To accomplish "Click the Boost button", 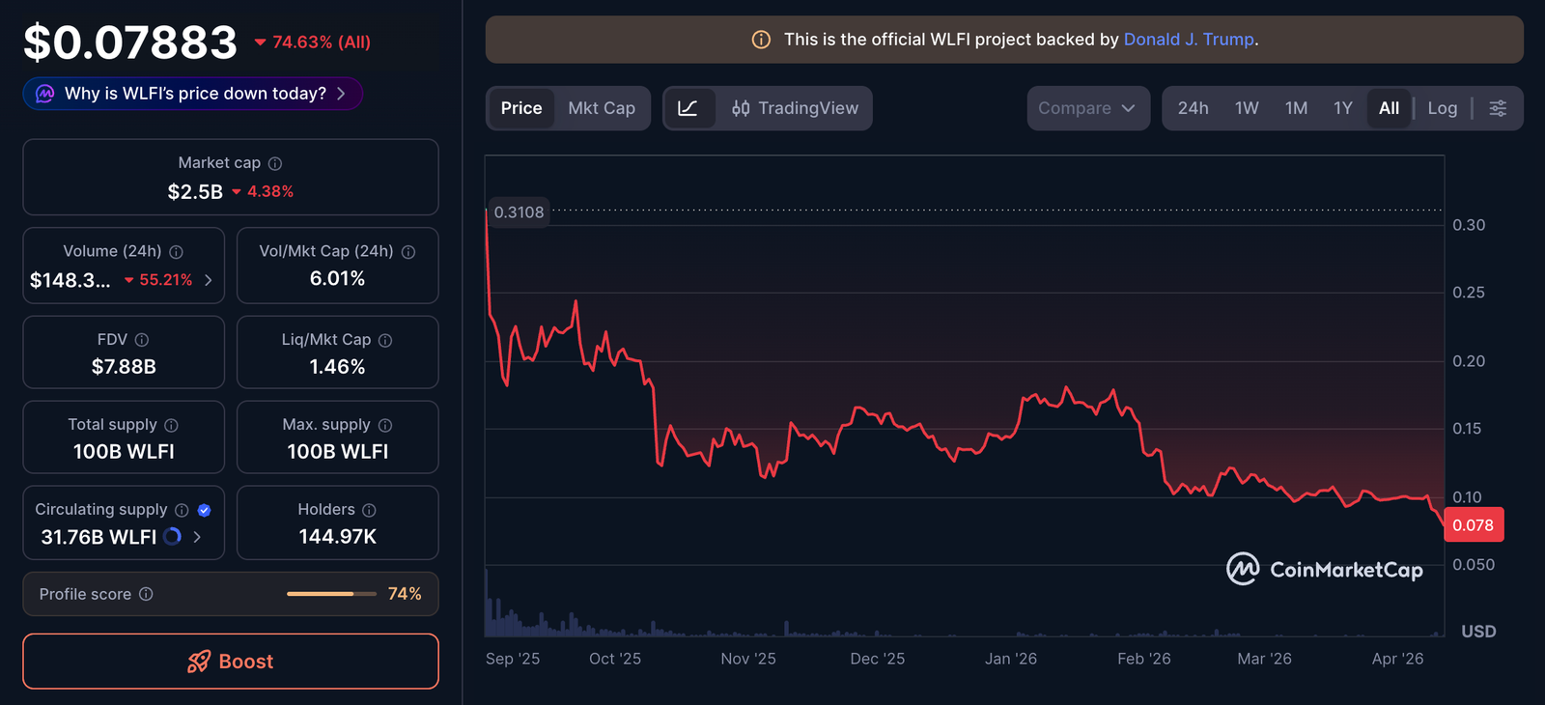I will (x=231, y=662).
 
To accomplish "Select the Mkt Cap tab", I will (x=602, y=108).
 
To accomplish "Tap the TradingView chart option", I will (x=795, y=108).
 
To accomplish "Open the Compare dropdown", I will (x=1087, y=108).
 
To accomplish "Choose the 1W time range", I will (x=1247, y=108).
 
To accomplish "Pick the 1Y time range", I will (x=1343, y=108).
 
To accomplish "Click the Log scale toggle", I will (x=1442, y=108).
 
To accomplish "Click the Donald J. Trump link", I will (x=1189, y=40).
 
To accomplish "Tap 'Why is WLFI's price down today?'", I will (x=193, y=94).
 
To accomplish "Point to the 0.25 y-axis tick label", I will (x=1469, y=293).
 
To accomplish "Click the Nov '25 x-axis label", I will (x=748, y=659).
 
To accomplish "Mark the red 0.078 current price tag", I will (x=1473, y=525).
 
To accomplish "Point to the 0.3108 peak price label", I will (x=519, y=212).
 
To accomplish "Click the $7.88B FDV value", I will (x=124, y=367).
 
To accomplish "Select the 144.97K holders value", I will (x=337, y=537).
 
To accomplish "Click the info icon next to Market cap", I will (x=275, y=163).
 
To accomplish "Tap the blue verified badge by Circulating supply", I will (x=204, y=510).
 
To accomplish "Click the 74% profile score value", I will (x=405, y=594).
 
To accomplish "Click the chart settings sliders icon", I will (x=1498, y=108).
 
